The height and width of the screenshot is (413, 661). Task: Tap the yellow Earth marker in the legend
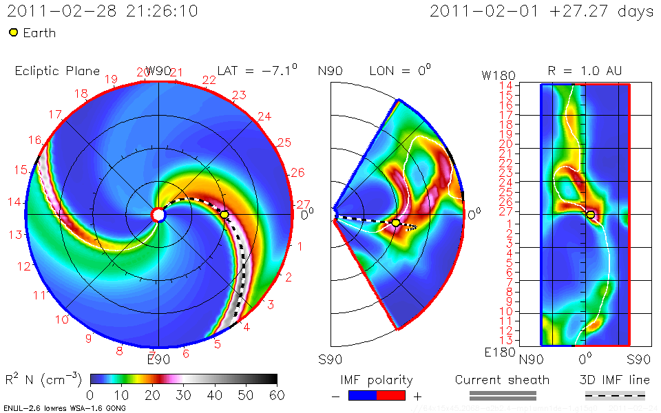point(13,32)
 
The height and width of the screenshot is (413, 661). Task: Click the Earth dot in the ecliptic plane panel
point(224,215)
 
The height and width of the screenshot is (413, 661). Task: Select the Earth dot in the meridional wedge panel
point(396,222)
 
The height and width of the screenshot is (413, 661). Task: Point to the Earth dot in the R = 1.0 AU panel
point(591,215)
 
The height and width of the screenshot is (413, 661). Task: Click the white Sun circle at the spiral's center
point(158,215)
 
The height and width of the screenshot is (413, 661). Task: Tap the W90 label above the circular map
point(158,71)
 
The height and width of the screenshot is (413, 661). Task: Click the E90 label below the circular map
point(158,359)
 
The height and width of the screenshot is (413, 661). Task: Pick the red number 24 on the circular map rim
point(264,116)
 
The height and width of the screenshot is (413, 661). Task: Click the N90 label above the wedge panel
point(331,71)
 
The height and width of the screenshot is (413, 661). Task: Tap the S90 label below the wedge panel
point(331,359)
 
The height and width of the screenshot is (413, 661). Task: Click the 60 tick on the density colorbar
point(277,394)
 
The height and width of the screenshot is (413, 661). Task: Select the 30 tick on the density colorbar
point(183,394)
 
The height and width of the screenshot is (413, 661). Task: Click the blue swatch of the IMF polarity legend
point(363,395)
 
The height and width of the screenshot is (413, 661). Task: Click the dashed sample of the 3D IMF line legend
point(615,395)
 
